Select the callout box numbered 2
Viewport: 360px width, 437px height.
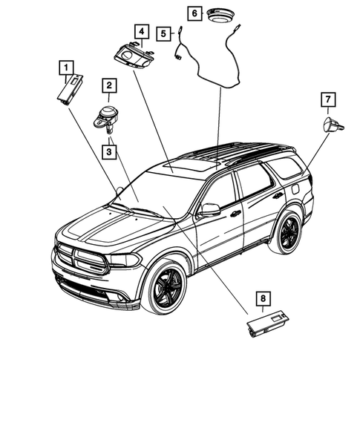tap(108, 87)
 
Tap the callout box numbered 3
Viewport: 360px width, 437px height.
tap(108, 152)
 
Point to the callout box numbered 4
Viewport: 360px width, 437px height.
tap(140, 31)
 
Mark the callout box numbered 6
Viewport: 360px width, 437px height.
tap(194, 13)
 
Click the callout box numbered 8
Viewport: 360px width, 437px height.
tap(262, 299)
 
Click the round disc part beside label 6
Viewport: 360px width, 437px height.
tap(220, 15)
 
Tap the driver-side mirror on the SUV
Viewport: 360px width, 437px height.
tap(210, 210)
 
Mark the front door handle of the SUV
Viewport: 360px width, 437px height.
tap(235, 214)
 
